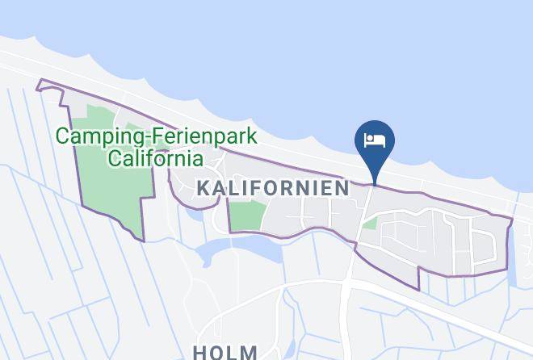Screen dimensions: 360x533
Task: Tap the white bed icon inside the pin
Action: (x=375, y=141)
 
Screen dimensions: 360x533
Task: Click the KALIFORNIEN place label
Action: (x=273, y=188)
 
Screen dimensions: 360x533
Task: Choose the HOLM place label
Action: (x=225, y=353)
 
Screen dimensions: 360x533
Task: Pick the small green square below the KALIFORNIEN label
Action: (x=246, y=216)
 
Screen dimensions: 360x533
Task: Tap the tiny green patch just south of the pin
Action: (x=370, y=223)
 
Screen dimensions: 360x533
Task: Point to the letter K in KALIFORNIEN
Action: (x=203, y=188)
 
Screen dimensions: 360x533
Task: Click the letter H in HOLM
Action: (x=200, y=353)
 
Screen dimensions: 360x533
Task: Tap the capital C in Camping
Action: (x=61, y=136)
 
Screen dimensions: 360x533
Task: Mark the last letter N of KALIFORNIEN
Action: (x=343, y=188)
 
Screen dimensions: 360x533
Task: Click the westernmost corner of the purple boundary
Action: (x=38, y=81)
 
